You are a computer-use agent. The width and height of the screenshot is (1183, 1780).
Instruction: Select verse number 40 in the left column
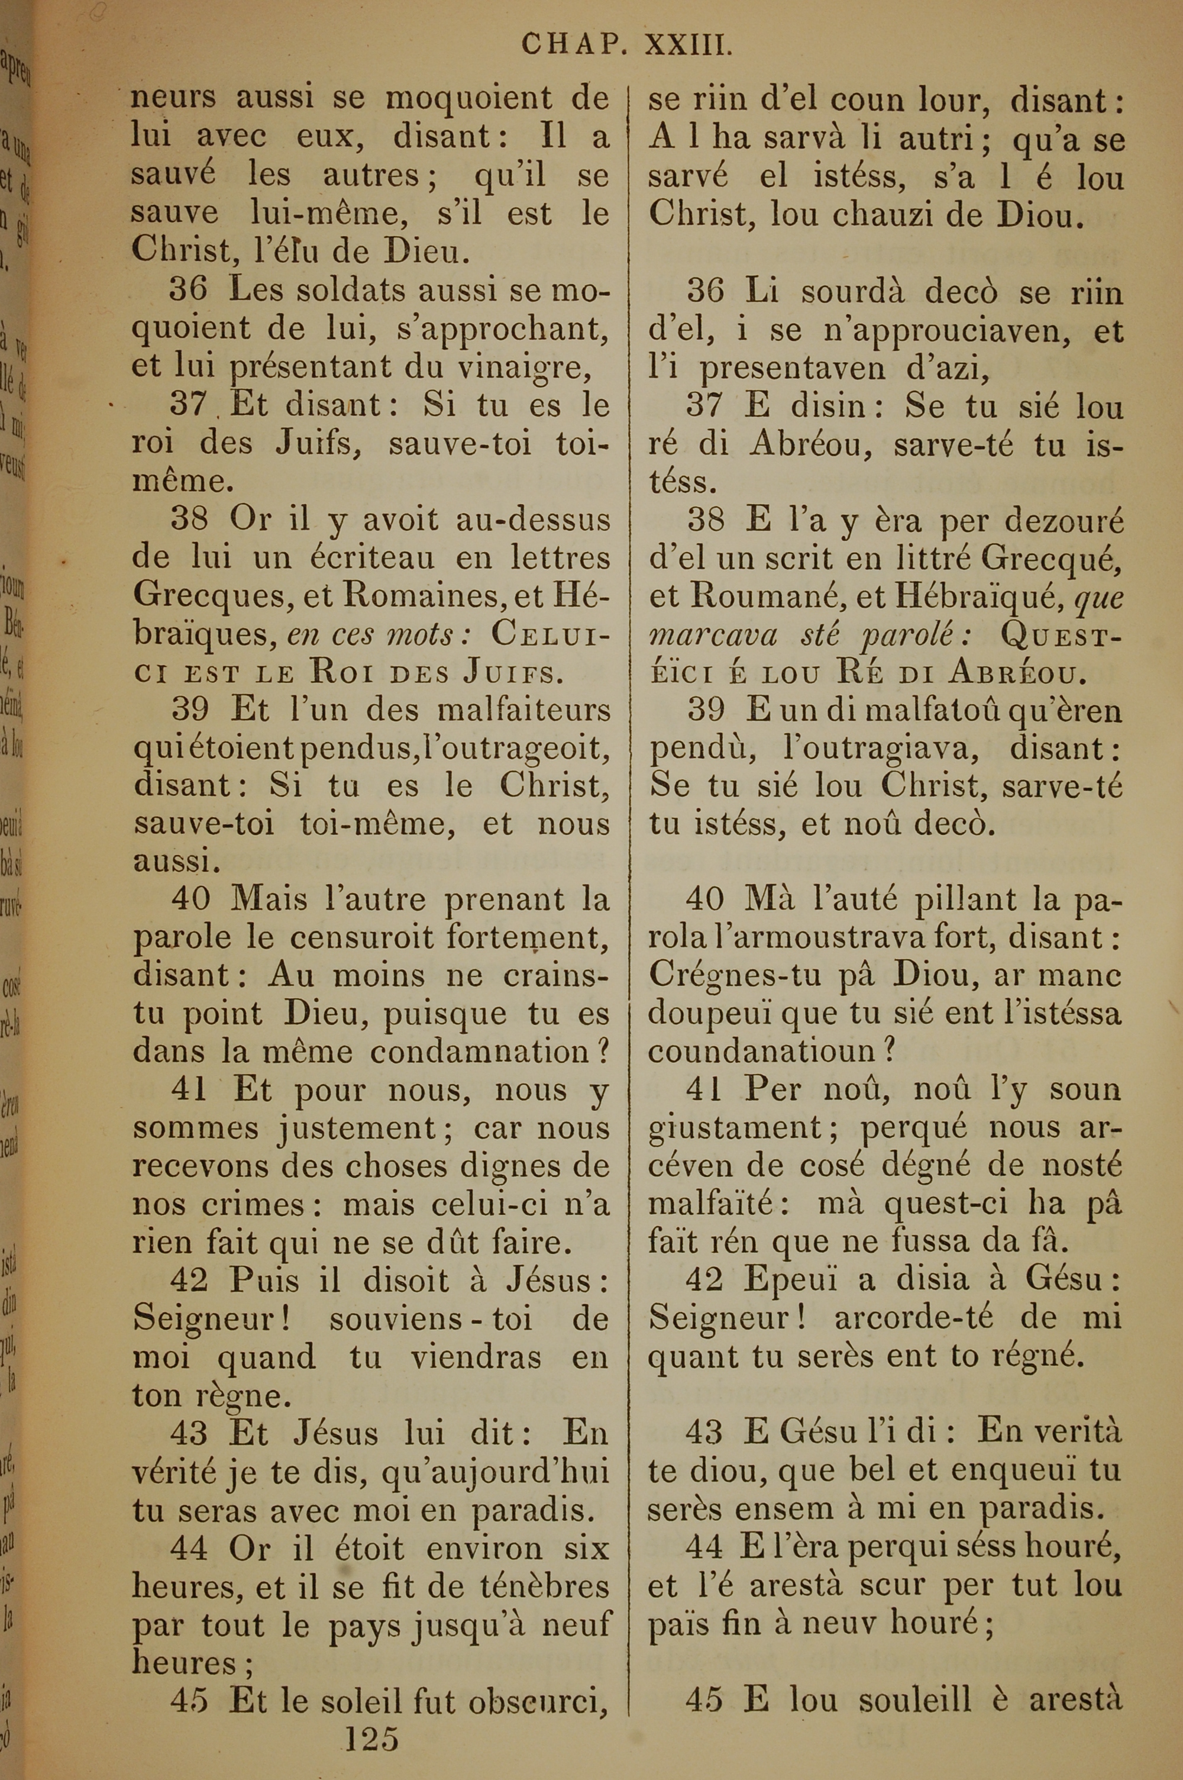click(x=190, y=899)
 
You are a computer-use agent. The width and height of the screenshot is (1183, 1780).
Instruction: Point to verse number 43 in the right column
click(x=704, y=1432)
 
